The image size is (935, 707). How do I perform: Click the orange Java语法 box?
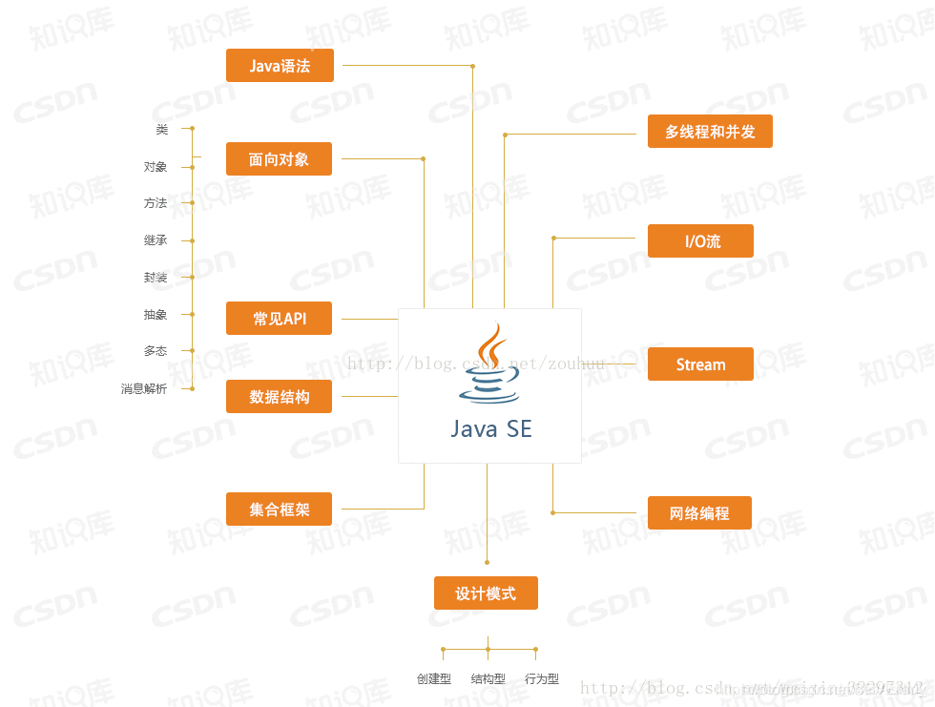coord(280,66)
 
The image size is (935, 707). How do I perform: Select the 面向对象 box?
coord(279,159)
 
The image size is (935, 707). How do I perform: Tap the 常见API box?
coord(279,319)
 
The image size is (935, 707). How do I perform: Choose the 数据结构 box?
coord(279,397)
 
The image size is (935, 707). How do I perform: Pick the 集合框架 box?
coord(279,509)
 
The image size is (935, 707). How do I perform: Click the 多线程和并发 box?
coord(710,132)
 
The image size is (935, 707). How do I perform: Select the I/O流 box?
coord(700,241)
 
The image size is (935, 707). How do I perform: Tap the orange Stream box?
coord(700,364)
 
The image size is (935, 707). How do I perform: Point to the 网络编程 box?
coord(699,513)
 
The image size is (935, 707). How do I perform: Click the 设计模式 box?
coord(486,593)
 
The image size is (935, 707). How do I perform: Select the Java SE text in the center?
coord(490,429)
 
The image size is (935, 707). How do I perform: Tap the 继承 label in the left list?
coord(156,240)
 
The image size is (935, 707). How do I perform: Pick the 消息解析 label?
coord(144,389)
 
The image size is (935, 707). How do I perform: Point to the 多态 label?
coord(156,351)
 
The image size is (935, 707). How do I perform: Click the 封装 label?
coord(156,278)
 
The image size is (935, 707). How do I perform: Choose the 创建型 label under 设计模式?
coord(434,679)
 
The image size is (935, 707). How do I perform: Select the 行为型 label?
coord(542,679)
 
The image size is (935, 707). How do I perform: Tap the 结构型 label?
coord(488,679)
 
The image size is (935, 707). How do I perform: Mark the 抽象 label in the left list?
coord(156,315)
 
